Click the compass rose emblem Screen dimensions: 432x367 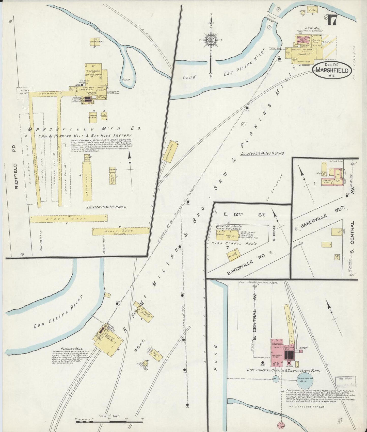[211, 40]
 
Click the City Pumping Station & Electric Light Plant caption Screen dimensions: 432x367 [284, 370]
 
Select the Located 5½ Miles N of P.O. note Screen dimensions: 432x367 [262, 154]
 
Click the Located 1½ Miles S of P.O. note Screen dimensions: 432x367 [106, 207]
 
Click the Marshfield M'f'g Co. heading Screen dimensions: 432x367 [84, 129]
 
